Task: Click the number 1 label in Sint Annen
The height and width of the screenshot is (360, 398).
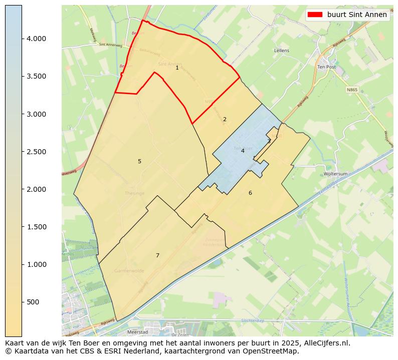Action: click(x=177, y=68)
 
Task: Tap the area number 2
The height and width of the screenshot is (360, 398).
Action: click(x=225, y=119)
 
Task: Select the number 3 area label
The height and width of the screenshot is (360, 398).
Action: click(x=269, y=141)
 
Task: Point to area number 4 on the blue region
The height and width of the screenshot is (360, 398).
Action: click(x=243, y=151)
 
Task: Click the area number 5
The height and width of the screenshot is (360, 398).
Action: click(x=139, y=161)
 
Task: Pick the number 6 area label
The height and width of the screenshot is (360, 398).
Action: click(x=250, y=193)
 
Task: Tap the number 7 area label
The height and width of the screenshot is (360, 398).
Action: click(x=157, y=255)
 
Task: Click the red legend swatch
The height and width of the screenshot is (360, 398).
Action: click(x=315, y=15)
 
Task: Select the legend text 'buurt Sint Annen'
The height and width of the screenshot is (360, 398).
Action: click(x=357, y=15)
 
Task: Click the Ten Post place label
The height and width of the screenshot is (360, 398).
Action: click(x=326, y=67)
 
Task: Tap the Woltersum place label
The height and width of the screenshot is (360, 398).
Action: click(x=336, y=174)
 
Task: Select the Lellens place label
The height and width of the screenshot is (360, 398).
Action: click(x=282, y=51)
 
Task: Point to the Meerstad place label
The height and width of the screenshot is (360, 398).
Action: click(x=137, y=331)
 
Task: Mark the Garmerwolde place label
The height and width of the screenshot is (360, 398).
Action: click(x=129, y=270)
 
